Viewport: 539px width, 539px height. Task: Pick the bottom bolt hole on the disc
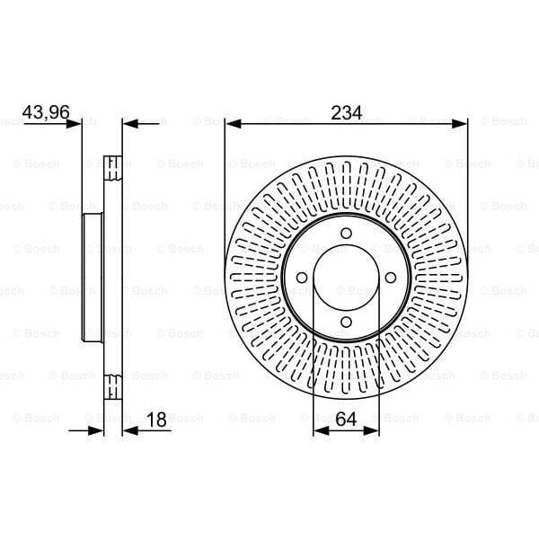coord(346,323)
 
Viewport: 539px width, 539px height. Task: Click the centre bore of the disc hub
coord(346,278)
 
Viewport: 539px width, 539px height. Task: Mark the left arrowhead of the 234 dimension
coord(231,123)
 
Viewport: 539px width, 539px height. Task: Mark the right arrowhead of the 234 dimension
coord(462,123)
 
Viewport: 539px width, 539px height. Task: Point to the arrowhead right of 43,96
coord(76,123)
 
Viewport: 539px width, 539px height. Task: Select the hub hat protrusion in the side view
coord(90,278)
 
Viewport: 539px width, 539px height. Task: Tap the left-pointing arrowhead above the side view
coord(128,123)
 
